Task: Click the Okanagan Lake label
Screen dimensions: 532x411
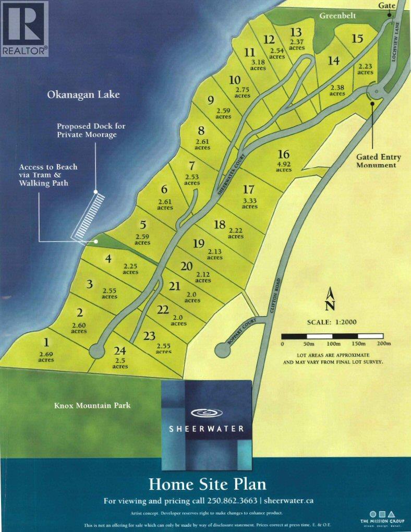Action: [83, 94]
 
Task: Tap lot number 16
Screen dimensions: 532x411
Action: [283, 154]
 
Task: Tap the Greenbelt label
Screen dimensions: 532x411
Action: [337, 16]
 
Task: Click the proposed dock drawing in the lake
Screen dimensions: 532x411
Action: [88, 214]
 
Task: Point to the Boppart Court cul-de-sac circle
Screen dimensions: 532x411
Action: [223, 350]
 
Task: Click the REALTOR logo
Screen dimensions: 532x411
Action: [25, 29]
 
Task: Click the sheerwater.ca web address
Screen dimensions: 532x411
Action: [289, 501]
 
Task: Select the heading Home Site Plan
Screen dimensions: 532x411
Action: [207, 483]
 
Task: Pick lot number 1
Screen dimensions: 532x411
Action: [46, 343]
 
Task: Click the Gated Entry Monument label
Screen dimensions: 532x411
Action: [376, 161]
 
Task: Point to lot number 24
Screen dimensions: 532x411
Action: [119, 351]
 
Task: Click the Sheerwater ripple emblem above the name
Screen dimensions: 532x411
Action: [206, 413]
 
